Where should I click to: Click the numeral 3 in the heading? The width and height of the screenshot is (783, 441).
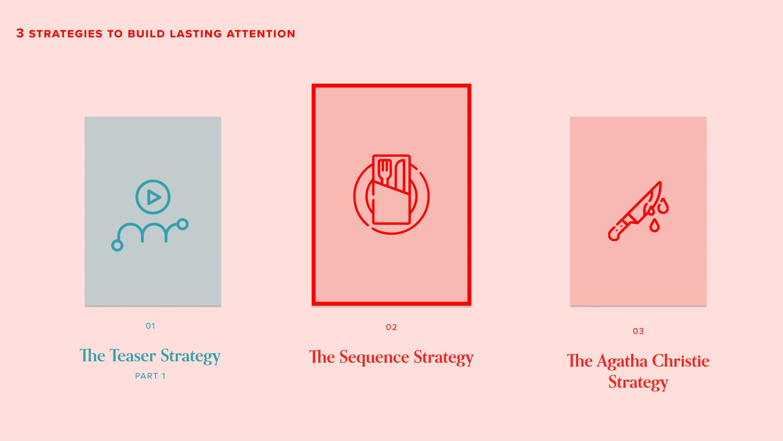(x=20, y=33)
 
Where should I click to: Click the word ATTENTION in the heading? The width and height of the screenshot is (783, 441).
(x=261, y=34)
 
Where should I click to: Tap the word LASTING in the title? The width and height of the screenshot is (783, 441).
(x=196, y=34)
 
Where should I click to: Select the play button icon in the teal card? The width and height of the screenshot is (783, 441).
(x=153, y=197)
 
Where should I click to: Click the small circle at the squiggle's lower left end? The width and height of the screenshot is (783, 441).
(x=117, y=245)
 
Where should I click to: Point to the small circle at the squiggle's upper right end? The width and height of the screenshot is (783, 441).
(x=183, y=224)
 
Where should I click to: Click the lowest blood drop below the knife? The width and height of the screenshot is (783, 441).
(x=655, y=226)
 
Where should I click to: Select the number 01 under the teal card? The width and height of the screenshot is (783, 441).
(x=151, y=326)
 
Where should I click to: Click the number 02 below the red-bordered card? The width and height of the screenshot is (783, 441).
(x=391, y=327)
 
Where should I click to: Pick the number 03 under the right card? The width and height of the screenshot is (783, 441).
(x=638, y=331)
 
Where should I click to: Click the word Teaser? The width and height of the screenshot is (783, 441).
(x=133, y=356)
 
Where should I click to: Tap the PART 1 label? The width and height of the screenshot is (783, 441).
(x=150, y=376)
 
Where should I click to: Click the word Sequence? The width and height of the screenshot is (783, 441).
(x=374, y=357)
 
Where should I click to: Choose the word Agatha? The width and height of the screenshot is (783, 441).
(x=622, y=361)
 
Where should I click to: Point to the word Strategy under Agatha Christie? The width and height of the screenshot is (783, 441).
(x=638, y=382)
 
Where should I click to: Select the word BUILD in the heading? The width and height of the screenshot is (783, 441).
(x=146, y=34)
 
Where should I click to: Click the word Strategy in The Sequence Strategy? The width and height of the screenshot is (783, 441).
(x=443, y=357)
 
